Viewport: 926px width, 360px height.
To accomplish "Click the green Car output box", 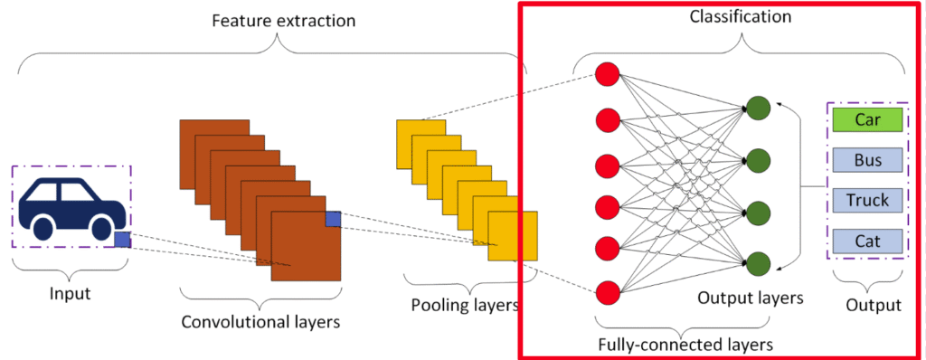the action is pyautogui.click(x=867, y=118).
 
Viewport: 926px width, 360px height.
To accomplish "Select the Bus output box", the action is pyautogui.click(x=867, y=159).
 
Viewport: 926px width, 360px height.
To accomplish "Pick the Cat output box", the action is pyautogui.click(x=867, y=241).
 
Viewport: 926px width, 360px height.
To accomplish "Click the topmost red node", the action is pyautogui.click(x=607, y=74).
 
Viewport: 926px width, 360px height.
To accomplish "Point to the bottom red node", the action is pyautogui.click(x=607, y=292).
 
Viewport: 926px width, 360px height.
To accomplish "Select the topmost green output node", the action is pyautogui.click(x=758, y=108).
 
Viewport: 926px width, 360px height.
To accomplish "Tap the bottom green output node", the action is pyautogui.click(x=758, y=263).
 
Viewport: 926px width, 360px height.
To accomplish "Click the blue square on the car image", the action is pyautogui.click(x=122, y=240).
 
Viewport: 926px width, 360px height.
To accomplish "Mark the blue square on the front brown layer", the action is pyautogui.click(x=333, y=219).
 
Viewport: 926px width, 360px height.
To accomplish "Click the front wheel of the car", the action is pyautogui.click(x=101, y=229).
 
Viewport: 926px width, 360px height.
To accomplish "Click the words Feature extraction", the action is pyautogui.click(x=283, y=22).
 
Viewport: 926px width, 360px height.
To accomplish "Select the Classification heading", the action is pyautogui.click(x=741, y=16).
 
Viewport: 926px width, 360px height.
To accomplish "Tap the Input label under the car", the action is pyautogui.click(x=71, y=294).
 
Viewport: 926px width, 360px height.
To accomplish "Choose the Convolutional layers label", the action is pyautogui.click(x=260, y=322).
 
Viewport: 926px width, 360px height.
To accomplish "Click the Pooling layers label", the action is pyautogui.click(x=465, y=306).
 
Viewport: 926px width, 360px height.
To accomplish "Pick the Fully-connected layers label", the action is pyautogui.click(x=685, y=344).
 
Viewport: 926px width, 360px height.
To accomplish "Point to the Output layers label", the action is pyautogui.click(x=750, y=298).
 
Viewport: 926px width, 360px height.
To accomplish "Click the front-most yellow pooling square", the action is pyautogui.click(x=513, y=236).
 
